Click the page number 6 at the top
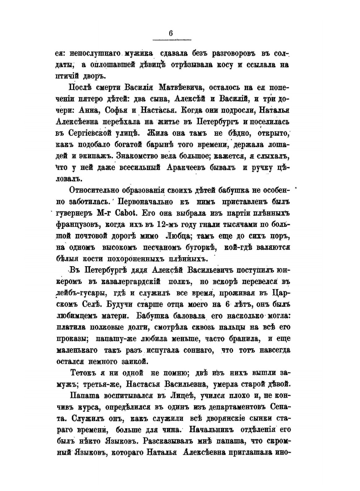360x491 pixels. (x=171, y=33)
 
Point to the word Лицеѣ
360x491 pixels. (x=179, y=396)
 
